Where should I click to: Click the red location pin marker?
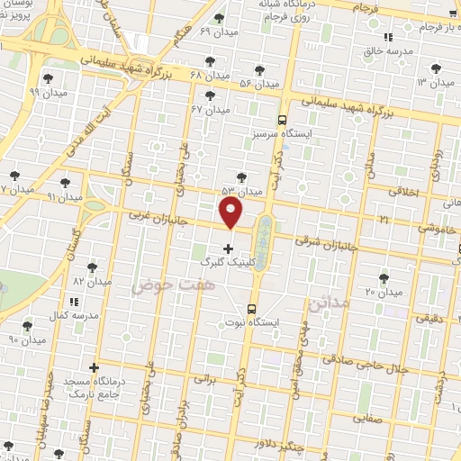(232, 213)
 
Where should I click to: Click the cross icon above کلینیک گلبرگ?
(227, 248)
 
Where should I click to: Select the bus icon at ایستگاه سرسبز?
(283, 120)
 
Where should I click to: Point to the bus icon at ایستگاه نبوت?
(251, 307)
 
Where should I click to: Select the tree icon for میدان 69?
(219, 19)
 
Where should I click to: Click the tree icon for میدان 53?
(240, 177)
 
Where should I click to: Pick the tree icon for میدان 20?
(384, 277)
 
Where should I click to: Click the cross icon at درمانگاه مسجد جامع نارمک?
(94, 366)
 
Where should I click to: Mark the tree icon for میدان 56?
(259, 69)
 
